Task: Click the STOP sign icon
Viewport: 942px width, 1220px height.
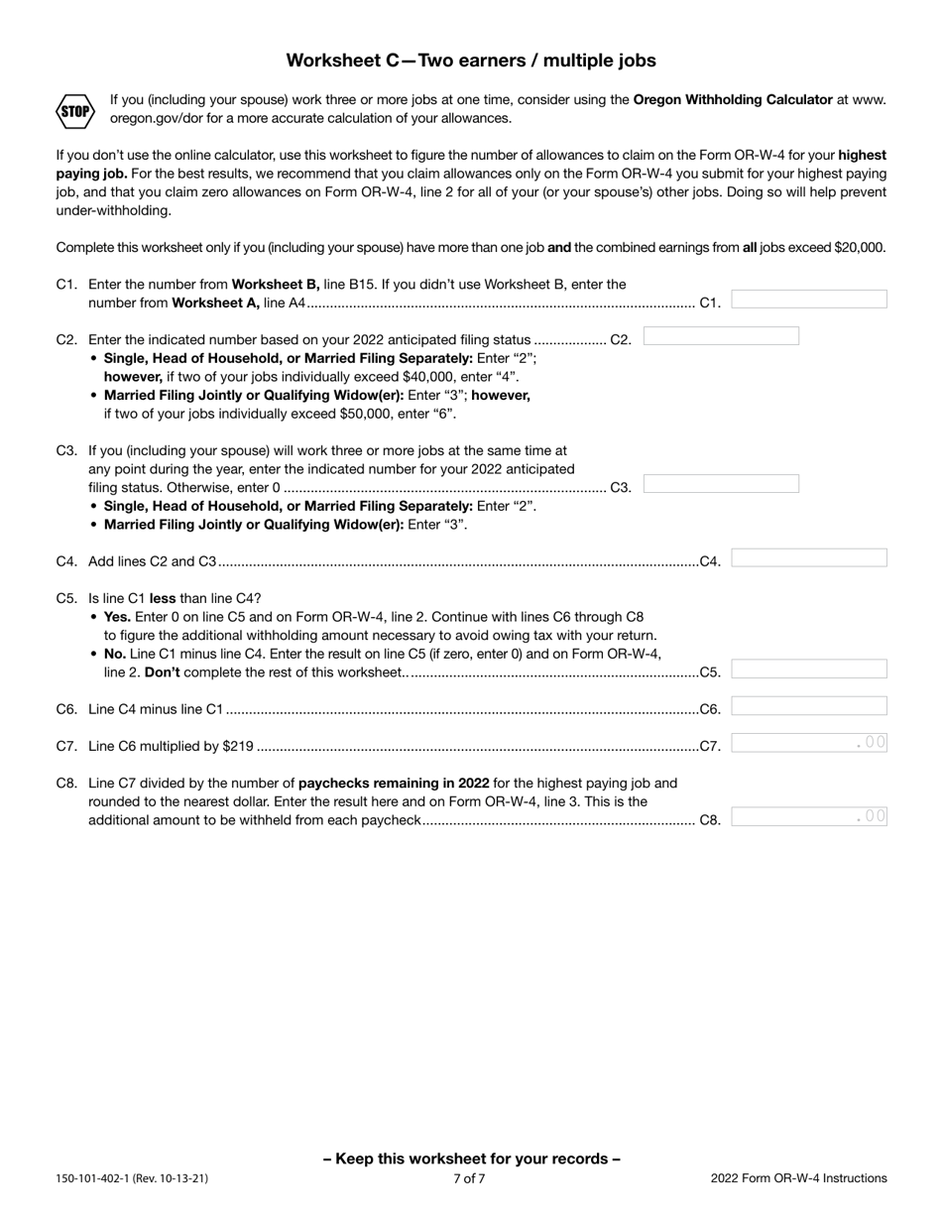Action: point(75,110)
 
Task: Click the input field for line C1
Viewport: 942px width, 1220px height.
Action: point(809,300)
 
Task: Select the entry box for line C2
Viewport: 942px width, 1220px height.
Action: point(721,337)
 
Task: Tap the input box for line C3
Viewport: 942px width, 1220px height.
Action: point(721,484)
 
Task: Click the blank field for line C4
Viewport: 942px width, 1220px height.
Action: point(809,558)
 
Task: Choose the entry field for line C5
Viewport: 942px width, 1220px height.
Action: point(809,670)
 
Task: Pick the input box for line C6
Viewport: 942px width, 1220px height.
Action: point(809,706)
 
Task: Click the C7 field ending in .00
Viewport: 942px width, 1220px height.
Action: point(809,744)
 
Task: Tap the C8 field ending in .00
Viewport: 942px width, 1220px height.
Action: point(809,817)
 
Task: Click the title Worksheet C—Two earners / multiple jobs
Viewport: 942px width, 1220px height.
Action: point(471,61)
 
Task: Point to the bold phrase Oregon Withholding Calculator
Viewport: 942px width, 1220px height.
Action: point(733,99)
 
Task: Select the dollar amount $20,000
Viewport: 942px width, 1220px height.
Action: point(859,248)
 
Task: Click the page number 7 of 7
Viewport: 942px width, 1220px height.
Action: point(469,1179)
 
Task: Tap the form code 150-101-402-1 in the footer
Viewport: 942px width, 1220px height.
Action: point(101,1179)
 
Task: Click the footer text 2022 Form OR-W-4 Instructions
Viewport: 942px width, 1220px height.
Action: point(798,1179)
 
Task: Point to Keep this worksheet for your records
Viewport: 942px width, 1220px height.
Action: point(472,1159)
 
